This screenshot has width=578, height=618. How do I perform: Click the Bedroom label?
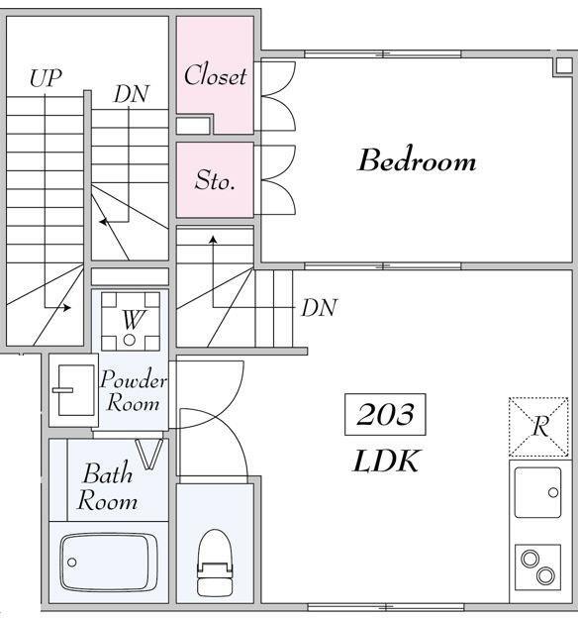[417, 160]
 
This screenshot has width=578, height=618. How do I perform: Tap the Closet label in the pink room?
[215, 75]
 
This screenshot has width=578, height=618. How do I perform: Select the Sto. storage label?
[215, 180]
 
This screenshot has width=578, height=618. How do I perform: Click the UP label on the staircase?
[46, 78]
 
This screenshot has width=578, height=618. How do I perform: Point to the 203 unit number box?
[385, 414]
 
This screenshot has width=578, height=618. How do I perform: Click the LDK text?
[385, 462]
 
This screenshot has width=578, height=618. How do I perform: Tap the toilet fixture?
[215, 563]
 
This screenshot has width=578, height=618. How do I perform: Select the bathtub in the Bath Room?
[109, 562]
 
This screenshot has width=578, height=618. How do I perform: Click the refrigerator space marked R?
[538, 427]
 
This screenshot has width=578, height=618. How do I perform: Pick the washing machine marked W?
[131, 321]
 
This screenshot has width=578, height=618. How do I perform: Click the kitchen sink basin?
[537, 492]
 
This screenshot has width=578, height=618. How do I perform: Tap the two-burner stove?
[537, 567]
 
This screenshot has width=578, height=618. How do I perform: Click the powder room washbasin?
[75, 390]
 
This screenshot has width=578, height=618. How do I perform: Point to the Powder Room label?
[134, 391]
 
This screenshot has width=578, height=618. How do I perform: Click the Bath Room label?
[107, 486]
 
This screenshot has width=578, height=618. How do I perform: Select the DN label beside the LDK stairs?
[319, 308]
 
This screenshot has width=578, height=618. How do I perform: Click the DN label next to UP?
[132, 94]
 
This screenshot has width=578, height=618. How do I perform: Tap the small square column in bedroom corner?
[564, 65]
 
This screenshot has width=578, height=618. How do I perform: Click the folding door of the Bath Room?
[148, 454]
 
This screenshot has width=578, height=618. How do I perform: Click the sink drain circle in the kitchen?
[553, 492]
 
